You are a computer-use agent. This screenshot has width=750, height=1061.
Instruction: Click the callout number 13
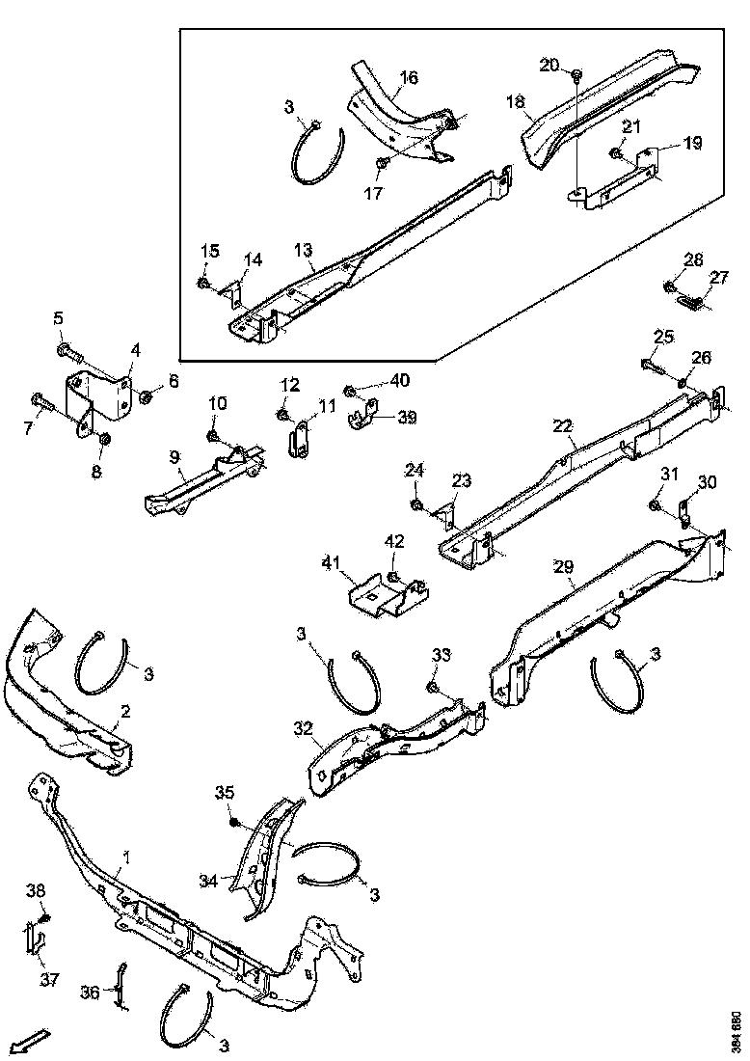click(x=304, y=251)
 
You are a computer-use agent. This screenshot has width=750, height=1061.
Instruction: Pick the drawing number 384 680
click(x=737, y=1030)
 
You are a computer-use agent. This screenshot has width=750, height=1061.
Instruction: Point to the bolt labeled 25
click(x=652, y=366)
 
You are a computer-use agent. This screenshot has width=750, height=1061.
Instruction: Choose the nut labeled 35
click(x=233, y=821)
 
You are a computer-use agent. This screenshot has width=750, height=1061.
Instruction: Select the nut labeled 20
click(x=576, y=74)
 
